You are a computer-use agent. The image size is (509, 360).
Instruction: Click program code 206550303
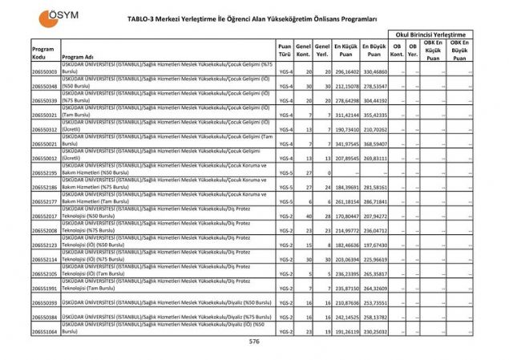[x=44, y=71]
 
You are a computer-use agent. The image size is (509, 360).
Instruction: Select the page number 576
[x=254, y=341]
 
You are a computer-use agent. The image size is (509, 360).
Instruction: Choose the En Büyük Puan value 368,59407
[x=375, y=144]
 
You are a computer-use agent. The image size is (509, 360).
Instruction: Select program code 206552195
[x=44, y=172]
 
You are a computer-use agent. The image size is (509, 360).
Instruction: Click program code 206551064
[x=44, y=330]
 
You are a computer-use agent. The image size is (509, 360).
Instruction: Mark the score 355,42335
[x=375, y=115]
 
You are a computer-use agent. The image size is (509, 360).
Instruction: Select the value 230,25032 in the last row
[x=375, y=330]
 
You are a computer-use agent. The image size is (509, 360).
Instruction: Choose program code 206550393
[x=44, y=303]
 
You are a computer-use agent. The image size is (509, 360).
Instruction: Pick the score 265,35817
[x=375, y=273]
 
